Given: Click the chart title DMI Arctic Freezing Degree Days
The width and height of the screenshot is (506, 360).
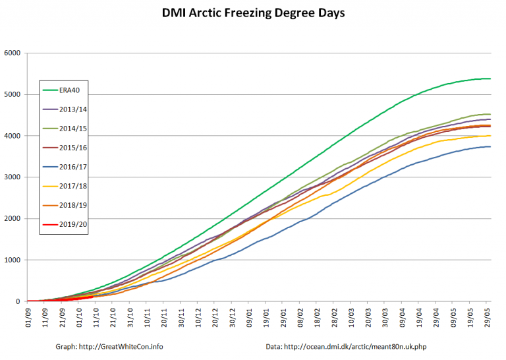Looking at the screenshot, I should (x=253, y=13).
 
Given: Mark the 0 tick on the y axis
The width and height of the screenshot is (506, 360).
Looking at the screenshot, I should (x=19, y=301).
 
